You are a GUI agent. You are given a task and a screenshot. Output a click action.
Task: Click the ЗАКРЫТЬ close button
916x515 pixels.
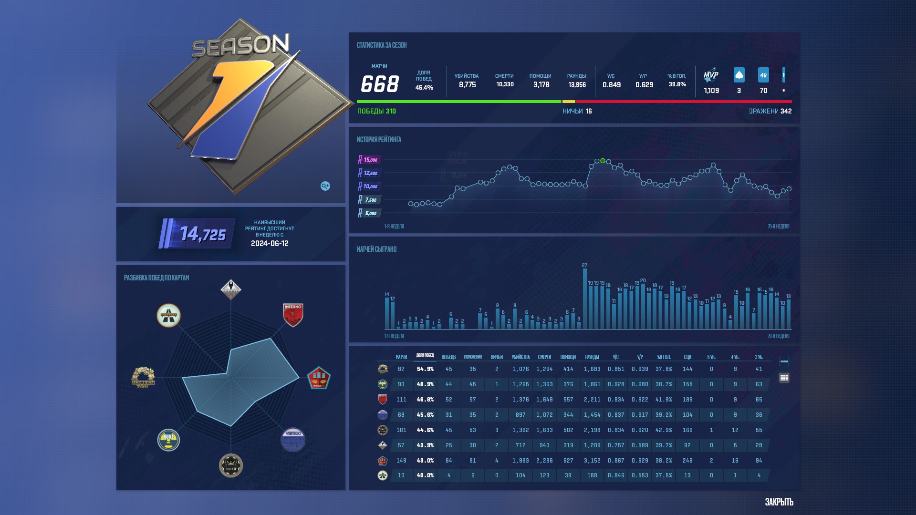779,502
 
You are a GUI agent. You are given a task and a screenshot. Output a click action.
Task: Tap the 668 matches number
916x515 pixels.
379,84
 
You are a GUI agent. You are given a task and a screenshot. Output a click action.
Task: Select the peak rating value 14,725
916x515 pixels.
203,234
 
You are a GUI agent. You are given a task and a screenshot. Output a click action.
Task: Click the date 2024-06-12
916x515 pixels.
270,244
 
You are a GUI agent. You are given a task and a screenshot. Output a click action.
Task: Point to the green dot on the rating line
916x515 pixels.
603,161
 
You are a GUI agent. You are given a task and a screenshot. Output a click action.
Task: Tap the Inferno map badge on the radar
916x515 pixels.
293,315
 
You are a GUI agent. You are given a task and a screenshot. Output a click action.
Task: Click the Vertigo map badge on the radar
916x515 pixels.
292,439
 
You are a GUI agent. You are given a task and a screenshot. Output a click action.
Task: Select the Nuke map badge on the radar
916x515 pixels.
168,439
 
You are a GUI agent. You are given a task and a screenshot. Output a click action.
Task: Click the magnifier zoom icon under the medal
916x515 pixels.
325,186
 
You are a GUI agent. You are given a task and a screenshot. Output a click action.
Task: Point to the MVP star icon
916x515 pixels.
711,75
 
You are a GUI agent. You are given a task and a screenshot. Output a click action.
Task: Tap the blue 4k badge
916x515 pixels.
763,75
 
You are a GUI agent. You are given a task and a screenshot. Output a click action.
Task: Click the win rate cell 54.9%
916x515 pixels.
425,369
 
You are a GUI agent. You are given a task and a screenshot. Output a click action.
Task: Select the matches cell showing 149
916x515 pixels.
401,461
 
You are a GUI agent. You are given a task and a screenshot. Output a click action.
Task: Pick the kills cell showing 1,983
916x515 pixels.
520,461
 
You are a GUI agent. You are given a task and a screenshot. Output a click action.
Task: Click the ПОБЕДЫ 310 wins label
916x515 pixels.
376,111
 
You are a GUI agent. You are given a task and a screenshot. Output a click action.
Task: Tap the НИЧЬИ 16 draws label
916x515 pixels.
577,111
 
